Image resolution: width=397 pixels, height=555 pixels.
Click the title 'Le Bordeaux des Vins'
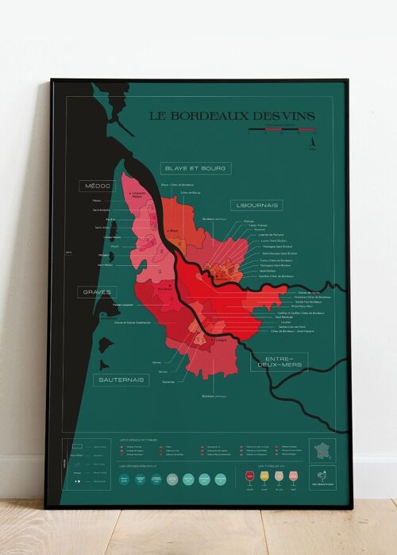232,116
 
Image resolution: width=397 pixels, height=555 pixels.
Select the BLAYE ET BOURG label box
195,168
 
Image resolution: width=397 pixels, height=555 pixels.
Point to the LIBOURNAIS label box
256,205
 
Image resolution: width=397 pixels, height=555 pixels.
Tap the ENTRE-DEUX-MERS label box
279,363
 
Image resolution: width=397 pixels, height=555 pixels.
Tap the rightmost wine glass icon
298,476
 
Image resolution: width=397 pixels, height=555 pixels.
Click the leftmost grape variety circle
124,479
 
